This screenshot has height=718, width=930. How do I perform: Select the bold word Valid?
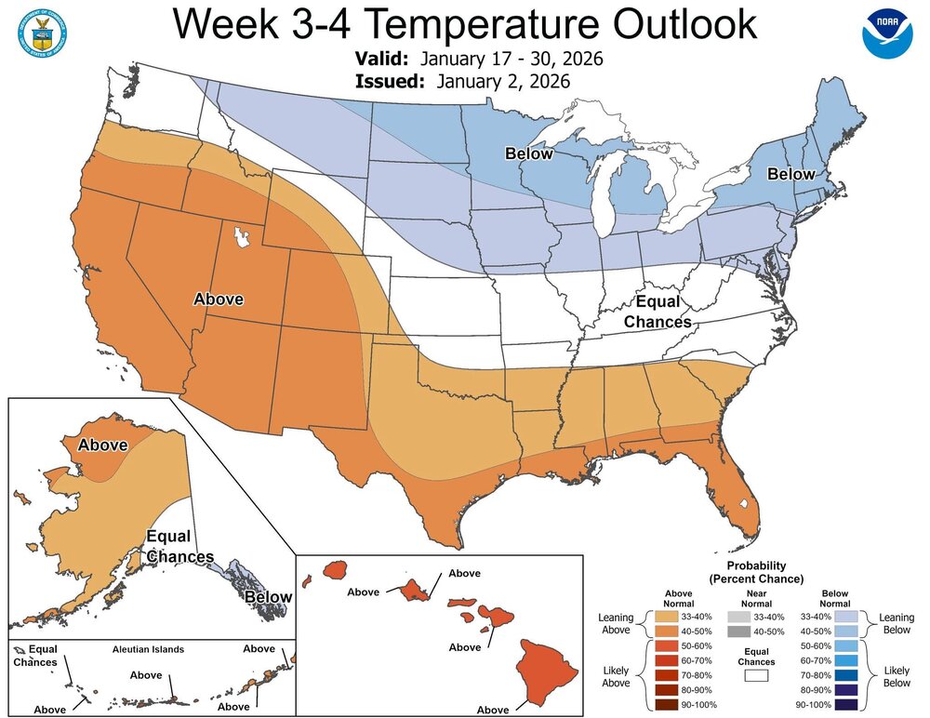click(384, 60)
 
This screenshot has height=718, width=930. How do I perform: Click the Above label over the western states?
click(218, 299)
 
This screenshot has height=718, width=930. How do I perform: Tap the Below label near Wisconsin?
click(529, 153)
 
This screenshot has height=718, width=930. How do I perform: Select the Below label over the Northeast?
click(790, 174)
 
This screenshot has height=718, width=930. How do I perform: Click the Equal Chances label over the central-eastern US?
click(658, 312)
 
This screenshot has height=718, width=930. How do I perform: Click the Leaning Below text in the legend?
click(896, 624)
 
